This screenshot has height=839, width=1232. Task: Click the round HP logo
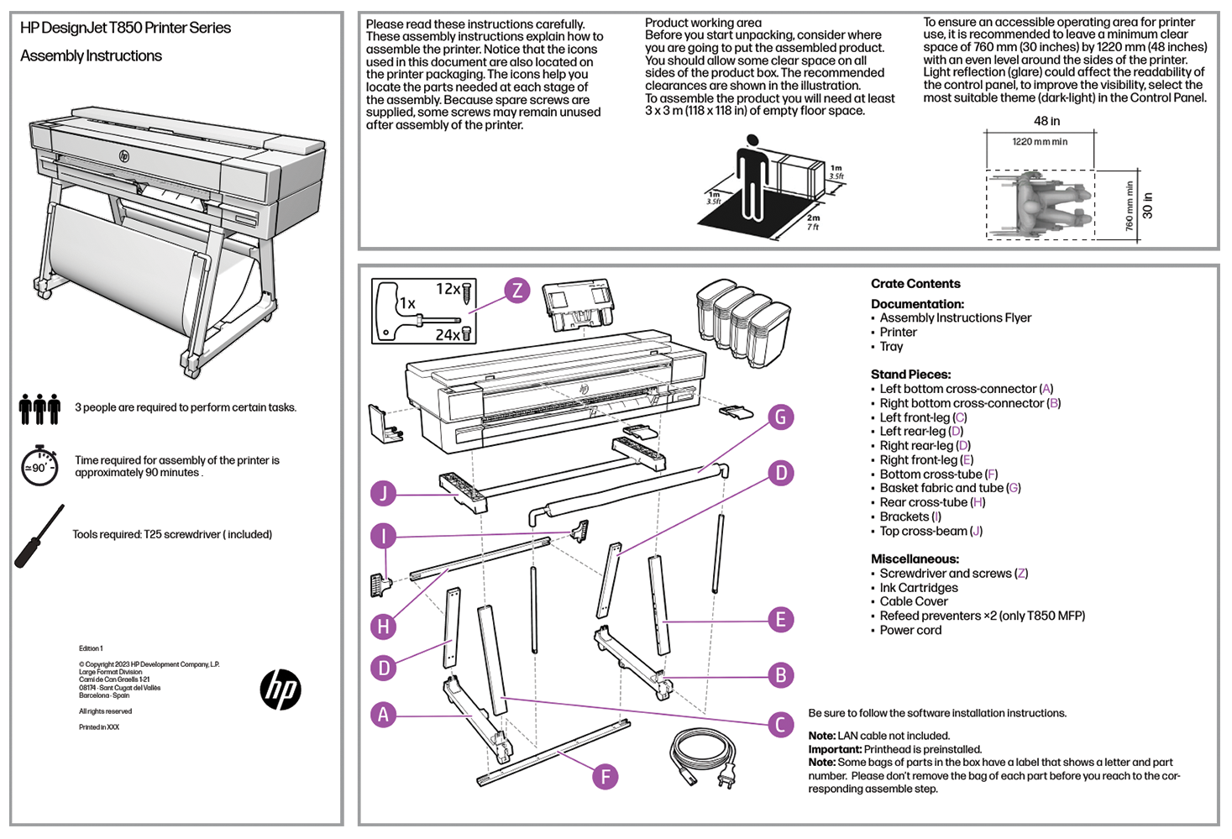pyautogui.click(x=280, y=690)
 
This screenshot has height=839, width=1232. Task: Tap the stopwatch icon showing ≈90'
pyautogui.click(x=39, y=465)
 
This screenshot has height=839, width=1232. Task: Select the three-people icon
pyautogui.click(x=39, y=408)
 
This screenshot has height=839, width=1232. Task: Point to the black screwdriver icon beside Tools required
pyautogui.click(x=39, y=536)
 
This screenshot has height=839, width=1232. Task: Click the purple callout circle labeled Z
pyautogui.click(x=517, y=291)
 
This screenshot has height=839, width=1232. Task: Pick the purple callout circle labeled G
pyautogui.click(x=781, y=417)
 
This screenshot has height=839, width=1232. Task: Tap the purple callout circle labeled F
pyautogui.click(x=605, y=777)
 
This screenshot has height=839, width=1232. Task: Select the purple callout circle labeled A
pyautogui.click(x=384, y=715)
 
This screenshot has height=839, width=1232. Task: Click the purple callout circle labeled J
pyautogui.click(x=384, y=493)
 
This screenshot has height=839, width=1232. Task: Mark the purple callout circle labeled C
pyautogui.click(x=780, y=725)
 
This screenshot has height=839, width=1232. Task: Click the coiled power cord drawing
pyautogui.click(x=703, y=756)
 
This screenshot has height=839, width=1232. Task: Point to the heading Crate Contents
pyautogui.click(x=915, y=284)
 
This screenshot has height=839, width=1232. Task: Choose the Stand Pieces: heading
pyautogui.click(x=910, y=375)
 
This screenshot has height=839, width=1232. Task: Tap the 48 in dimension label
pyautogui.click(x=1046, y=121)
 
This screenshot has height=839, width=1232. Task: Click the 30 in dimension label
pyautogui.click(x=1148, y=206)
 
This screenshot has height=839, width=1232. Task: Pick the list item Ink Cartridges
pyautogui.click(x=919, y=588)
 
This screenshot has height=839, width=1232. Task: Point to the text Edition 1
pyautogui.click(x=91, y=648)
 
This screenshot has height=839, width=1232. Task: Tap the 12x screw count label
pyautogui.click(x=448, y=289)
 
